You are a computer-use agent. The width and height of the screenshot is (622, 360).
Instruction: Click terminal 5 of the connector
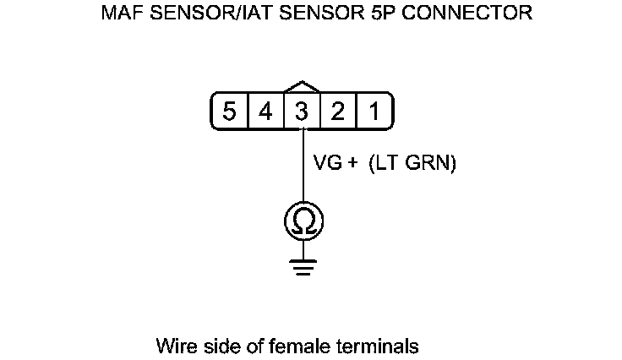tap(229, 112)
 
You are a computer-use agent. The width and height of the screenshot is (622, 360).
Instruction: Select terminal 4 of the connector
tap(265, 112)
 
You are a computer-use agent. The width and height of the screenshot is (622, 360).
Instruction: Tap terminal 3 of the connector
tap(302, 112)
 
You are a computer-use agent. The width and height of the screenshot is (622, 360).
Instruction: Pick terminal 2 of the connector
tap(338, 112)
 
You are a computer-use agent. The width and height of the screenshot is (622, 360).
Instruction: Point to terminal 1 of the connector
tap(373, 112)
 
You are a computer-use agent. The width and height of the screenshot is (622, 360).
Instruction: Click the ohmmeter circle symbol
tap(303, 221)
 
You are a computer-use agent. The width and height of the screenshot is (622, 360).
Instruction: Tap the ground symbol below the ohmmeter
tap(303, 267)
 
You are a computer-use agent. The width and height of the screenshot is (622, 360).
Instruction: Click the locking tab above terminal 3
tap(303, 87)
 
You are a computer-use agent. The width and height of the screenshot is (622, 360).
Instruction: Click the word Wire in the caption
tap(172, 346)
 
